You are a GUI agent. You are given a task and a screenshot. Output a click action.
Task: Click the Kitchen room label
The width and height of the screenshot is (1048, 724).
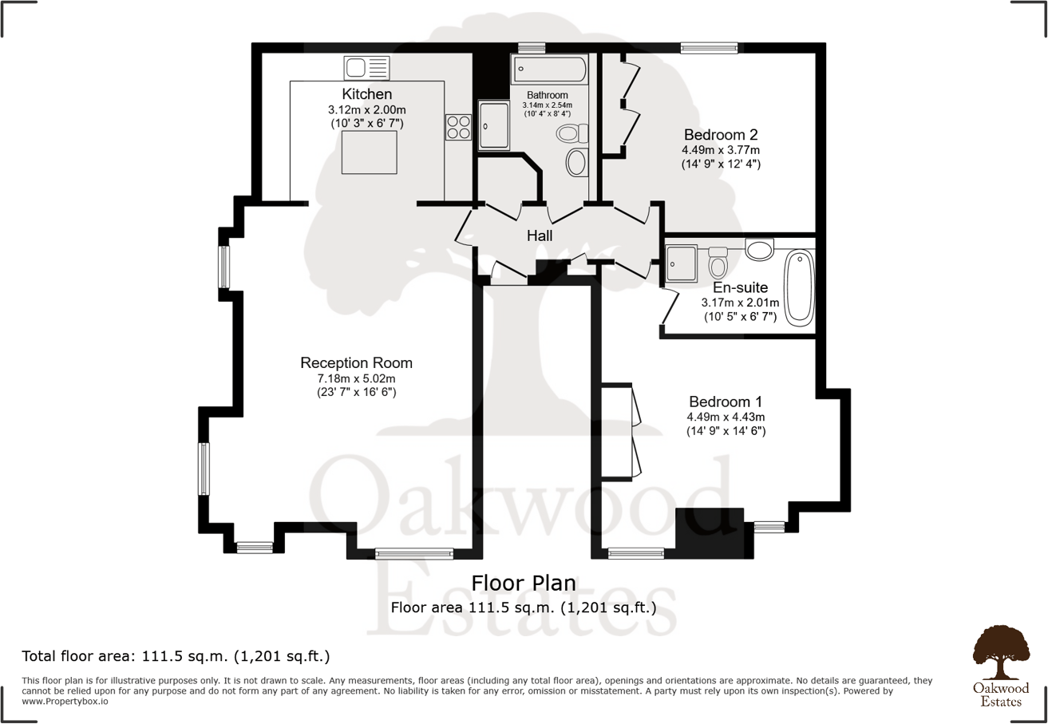pyautogui.click(x=367, y=94)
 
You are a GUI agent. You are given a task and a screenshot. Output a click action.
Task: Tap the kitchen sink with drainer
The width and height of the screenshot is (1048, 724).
pyautogui.click(x=367, y=68)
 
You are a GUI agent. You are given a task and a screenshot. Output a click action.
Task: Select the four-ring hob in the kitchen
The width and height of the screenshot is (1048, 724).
pyautogui.click(x=458, y=127)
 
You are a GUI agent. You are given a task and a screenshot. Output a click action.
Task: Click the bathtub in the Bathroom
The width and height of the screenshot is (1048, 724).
pyautogui.click(x=550, y=69)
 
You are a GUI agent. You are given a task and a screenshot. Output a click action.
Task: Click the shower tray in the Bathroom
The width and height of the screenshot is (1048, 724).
pyautogui.click(x=493, y=125)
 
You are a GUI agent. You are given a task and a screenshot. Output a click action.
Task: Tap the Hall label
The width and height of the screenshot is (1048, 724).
pyautogui.click(x=540, y=235)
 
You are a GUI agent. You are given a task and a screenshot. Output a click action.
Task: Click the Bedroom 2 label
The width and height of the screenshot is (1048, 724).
pyautogui.click(x=721, y=135)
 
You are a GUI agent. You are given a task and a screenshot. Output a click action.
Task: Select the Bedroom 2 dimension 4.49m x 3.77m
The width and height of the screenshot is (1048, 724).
pyautogui.click(x=721, y=150)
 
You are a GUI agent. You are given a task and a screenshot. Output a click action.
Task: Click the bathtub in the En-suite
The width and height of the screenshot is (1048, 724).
pyautogui.click(x=799, y=288)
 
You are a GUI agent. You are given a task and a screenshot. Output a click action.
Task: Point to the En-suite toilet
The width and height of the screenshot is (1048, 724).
pyautogui.click(x=718, y=263)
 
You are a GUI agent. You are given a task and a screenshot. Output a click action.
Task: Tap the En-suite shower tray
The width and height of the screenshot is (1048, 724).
pyautogui.click(x=681, y=263)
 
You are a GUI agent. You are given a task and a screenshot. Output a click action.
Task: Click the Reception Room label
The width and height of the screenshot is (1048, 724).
pyautogui.click(x=357, y=362)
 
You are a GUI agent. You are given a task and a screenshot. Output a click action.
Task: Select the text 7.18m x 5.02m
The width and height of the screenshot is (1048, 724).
pyautogui.click(x=357, y=378)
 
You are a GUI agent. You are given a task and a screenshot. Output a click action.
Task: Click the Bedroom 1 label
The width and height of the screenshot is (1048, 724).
pyautogui.click(x=726, y=402)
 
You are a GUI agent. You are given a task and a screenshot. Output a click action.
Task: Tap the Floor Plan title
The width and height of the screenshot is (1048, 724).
pyautogui.click(x=524, y=584)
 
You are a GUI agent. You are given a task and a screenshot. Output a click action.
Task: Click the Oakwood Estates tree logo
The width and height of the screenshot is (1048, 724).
pyautogui.click(x=1001, y=652)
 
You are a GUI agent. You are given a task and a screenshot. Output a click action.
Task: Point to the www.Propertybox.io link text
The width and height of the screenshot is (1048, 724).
pyautogui.click(x=65, y=702)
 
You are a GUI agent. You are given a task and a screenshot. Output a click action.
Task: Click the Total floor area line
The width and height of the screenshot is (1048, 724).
pyautogui.click(x=176, y=656)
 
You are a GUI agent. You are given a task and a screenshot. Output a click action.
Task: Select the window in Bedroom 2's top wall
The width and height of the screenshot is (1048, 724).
pyautogui.click(x=710, y=48)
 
